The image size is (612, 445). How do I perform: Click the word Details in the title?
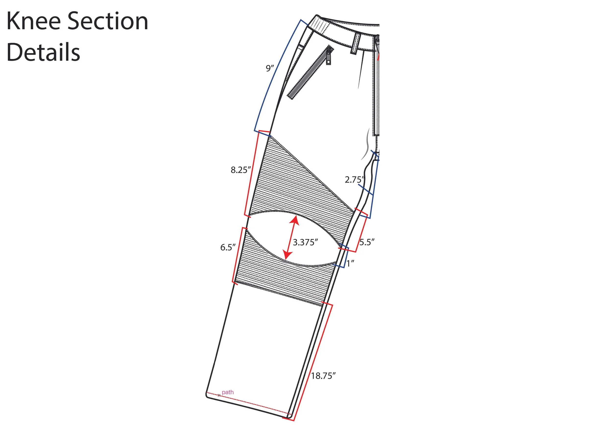tap(43, 52)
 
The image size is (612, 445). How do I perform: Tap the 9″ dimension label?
tap(270, 68)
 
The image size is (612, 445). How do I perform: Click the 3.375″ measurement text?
tap(305, 242)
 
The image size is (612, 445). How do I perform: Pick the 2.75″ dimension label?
tap(354, 180)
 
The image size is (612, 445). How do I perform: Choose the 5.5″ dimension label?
tap(367, 242)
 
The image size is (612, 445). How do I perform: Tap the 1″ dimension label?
tap(350, 264)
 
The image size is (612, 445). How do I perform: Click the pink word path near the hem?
tap(228, 392)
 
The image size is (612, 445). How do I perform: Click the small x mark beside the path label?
tap(219, 396)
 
